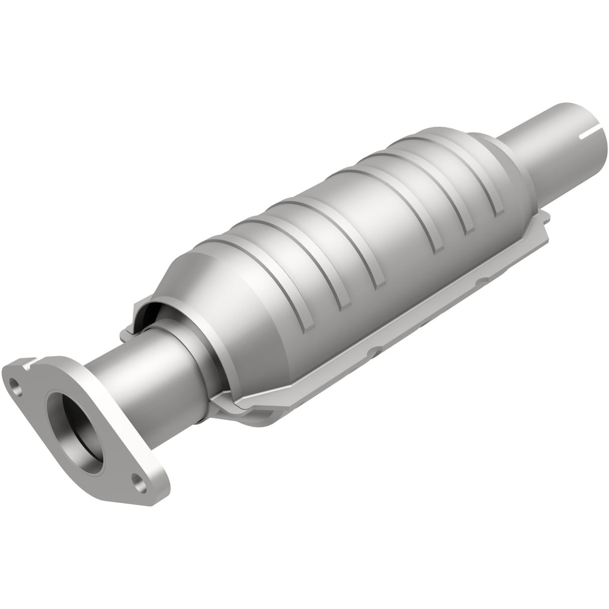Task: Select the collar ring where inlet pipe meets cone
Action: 201,351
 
